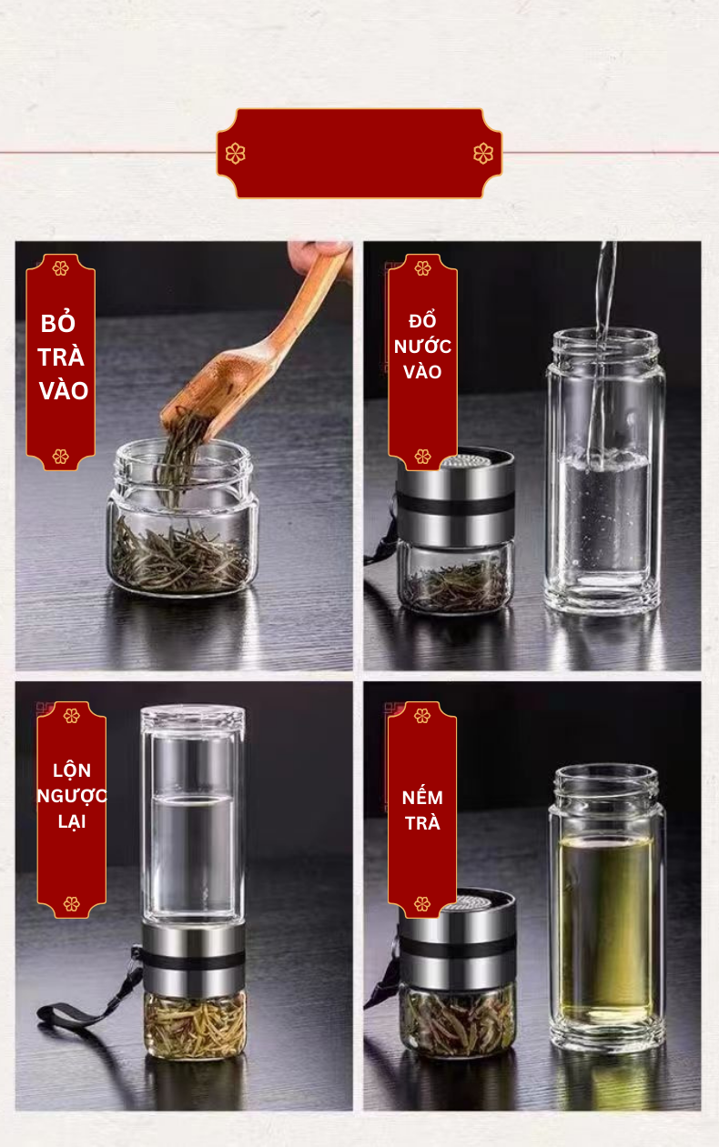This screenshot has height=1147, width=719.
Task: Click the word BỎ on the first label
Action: pos(58,323)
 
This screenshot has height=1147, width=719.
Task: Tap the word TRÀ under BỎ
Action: pos(60,357)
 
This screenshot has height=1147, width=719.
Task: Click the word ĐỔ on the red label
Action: pos(422,320)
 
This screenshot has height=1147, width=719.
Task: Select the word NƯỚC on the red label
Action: pos(422,347)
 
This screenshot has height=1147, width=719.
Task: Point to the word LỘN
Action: pos(72,770)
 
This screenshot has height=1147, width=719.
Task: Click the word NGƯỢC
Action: pos(72,796)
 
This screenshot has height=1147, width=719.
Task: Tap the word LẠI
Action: pos(72,822)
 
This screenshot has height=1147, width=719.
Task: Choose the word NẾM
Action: pos(422,797)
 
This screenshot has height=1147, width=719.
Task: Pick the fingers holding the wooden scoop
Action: pos(320,255)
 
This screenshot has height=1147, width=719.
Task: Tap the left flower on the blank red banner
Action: pos(235,153)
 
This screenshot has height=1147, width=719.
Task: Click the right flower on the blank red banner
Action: pos(483,153)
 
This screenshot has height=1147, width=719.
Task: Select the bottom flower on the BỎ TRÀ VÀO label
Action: pos(60,457)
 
